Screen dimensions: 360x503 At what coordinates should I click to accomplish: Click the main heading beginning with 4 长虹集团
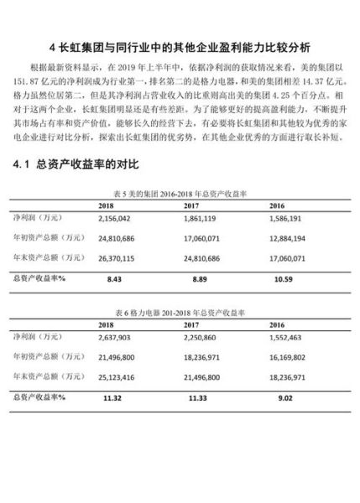[x=180, y=47]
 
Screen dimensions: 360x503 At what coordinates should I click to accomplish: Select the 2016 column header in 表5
[x=277, y=228]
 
